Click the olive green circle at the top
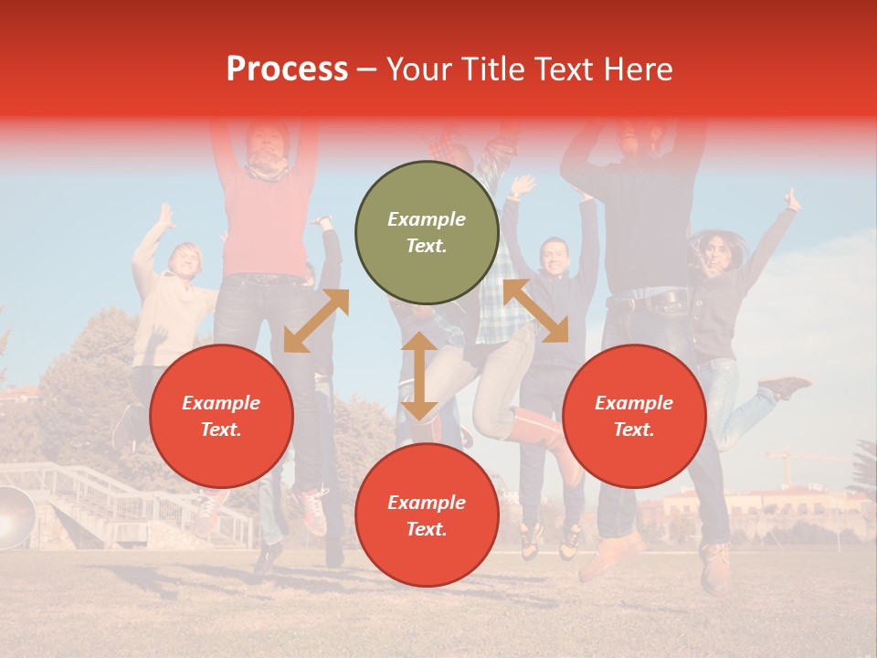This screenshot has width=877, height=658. coord(427,232)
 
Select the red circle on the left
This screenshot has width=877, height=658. coord(221,416)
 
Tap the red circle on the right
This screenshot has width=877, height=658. coord(634,416)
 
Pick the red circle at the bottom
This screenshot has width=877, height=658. coord(427,515)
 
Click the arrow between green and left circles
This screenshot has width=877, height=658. coord(316,320)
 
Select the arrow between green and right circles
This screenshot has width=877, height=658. coord(536,310)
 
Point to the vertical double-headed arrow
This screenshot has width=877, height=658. coord(419,376)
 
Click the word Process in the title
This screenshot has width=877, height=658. coord(287,69)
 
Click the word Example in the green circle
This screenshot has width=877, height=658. coord(427,219)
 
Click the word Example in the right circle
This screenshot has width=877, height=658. coord(634,403)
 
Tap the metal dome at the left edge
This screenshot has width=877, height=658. coord(13,517)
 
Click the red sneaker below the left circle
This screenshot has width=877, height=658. coord(313,512)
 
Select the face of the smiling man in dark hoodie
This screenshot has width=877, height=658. coord(554,257)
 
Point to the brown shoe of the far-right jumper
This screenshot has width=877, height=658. coord(784,387)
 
